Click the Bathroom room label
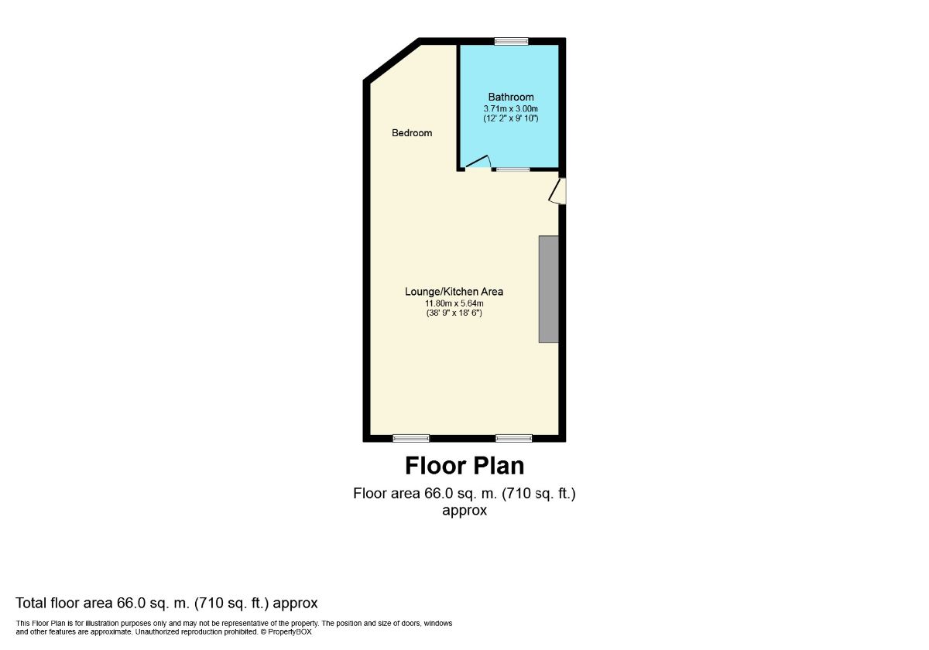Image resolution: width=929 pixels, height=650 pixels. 510,97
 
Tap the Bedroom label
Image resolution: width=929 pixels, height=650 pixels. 412,133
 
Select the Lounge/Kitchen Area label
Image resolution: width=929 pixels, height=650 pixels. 454,292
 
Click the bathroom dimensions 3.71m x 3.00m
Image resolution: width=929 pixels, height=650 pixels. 510,108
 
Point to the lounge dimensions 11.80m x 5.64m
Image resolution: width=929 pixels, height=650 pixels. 454,303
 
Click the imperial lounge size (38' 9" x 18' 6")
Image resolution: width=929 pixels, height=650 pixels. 454,313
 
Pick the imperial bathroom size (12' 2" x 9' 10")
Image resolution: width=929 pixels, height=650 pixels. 510,118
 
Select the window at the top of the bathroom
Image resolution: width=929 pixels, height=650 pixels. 511,41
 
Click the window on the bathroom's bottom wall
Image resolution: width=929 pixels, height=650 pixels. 512,169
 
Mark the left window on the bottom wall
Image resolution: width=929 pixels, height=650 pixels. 410,438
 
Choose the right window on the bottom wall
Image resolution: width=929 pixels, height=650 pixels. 514,438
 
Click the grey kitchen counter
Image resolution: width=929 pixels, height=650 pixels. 549,289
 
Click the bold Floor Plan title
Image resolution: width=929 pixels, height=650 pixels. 464,466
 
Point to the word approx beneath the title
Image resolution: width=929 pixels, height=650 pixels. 464,511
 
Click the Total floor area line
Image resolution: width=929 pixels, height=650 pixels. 166,603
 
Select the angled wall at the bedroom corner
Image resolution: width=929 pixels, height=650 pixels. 392,60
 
